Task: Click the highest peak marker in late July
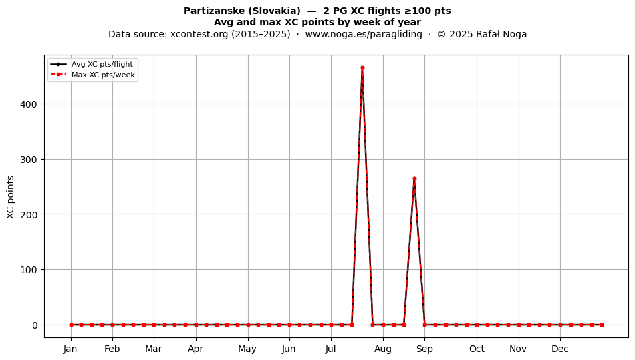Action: click(x=362, y=68)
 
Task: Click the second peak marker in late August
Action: click(x=414, y=179)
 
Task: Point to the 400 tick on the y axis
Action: click(x=28, y=104)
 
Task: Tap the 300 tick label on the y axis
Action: click(x=28, y=160)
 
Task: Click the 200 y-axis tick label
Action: click(x=28, y=214)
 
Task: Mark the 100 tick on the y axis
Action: click(x=28, y=270)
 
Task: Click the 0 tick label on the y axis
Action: click(x=34, y=325)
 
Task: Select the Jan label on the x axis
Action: click(x=70, y=349)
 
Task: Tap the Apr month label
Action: click(x=196, y=349)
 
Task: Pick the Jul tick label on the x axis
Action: click(x=331, y=349)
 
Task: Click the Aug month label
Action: click(x=383, y=349)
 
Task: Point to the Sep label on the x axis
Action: click(x=424, y=349)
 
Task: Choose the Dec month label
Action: click(x=560, y=349)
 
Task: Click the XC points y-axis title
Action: click(x=11, y=197)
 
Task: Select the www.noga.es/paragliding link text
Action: click(x=364, y=34)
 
